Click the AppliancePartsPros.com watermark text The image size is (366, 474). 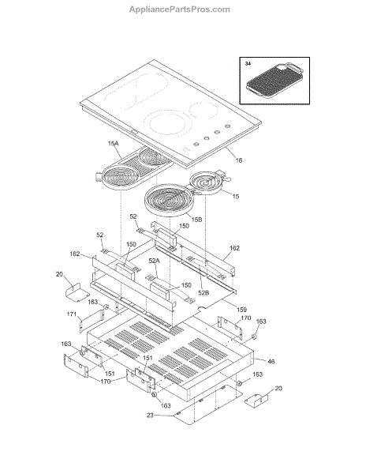coord(180,9)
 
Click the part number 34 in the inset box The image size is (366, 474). coord(248,64)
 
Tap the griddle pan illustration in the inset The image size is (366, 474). coord(274,80)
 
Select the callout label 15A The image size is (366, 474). coord(113,143)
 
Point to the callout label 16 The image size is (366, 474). coord(239,160)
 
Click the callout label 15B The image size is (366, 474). coord(196,220)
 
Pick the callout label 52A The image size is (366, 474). coord(154,261)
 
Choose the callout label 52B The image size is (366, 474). coord(204,292)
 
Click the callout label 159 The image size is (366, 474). coord(241,310)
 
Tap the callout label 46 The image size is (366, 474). coord(271,361)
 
